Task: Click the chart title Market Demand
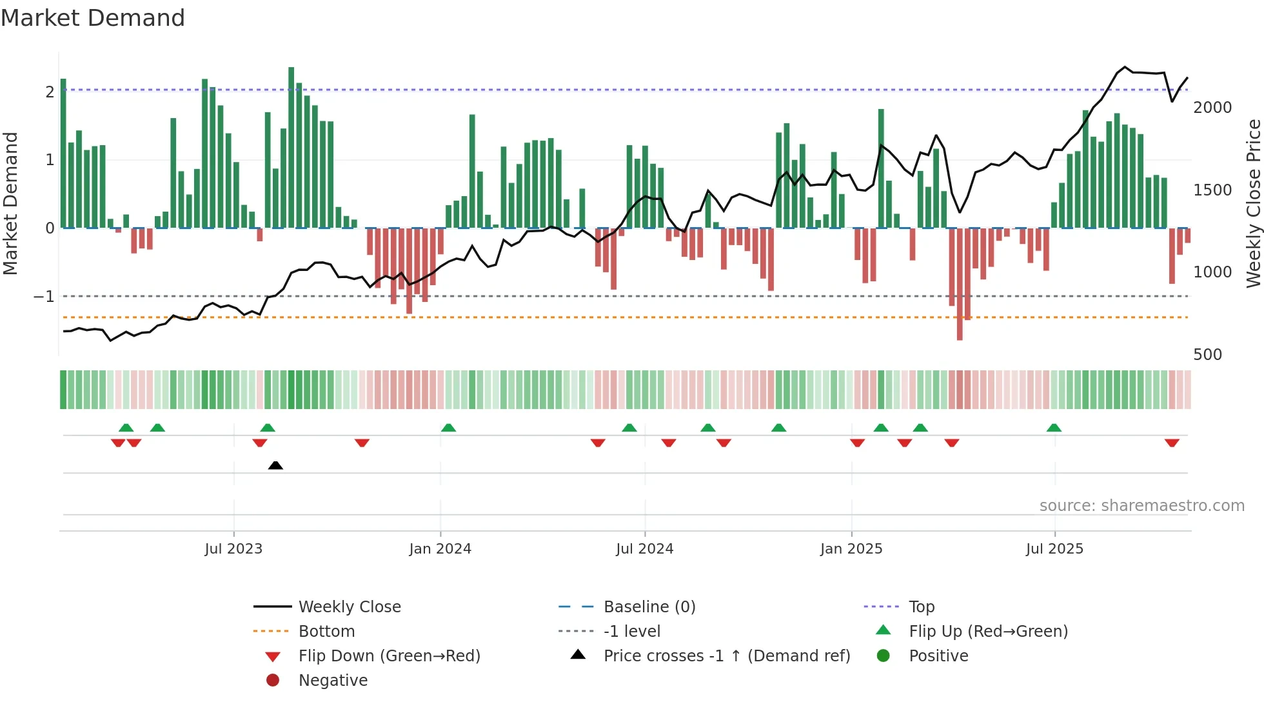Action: pyautogui.click(x=93, y=18)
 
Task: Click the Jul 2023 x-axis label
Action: pyautogui.click(x=233, y=549)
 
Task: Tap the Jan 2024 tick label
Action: pyautogui.click(x=440, y=549)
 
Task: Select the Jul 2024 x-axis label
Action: pyautogui.click(x=644, y=549)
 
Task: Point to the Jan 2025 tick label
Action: pyautogui.click(x=851, y=549)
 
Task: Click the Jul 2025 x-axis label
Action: pyautogui.click(x=1054, y=549)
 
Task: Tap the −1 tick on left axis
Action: pyautogui.click(x=44, y=297)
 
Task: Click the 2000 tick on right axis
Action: pyautogui.click(x=1212, y=108)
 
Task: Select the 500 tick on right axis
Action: pyautogui.click(x=1207, y=355)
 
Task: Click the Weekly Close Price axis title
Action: pyautogui.click(x=1253, y=203)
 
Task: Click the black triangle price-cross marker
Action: pyautogui.click(x=275, y=465)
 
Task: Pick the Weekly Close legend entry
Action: pyautogui.click(x=349, y=607)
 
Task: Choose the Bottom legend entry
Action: pyautogui.click(x=326, y=632)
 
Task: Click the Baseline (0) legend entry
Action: pyautogui.click(x=649, y=607)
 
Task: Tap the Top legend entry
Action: pyautogui.click(x=921, y=607)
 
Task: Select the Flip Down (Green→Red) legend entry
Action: pyautogui.click(x=389, y=656)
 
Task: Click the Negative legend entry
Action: pyautogui.click(x=333, y=681)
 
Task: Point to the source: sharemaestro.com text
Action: pyautogui.click(x=1141, y=506)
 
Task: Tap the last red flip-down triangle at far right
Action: pyautogui.click(x=1172, y=443)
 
